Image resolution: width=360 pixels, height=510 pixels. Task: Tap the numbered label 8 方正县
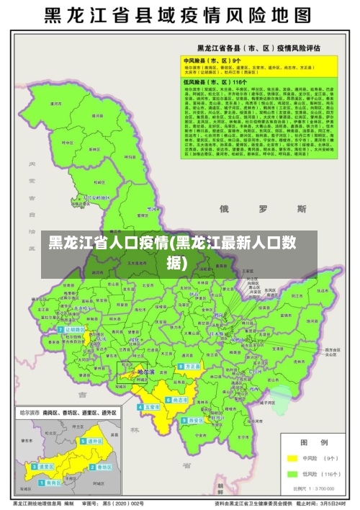[191, 367]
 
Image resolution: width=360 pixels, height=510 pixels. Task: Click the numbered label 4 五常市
[150, 407]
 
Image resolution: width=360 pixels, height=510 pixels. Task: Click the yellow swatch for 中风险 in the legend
[293, 458]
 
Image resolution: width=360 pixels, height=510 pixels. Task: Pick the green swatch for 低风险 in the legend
[293, 474]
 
